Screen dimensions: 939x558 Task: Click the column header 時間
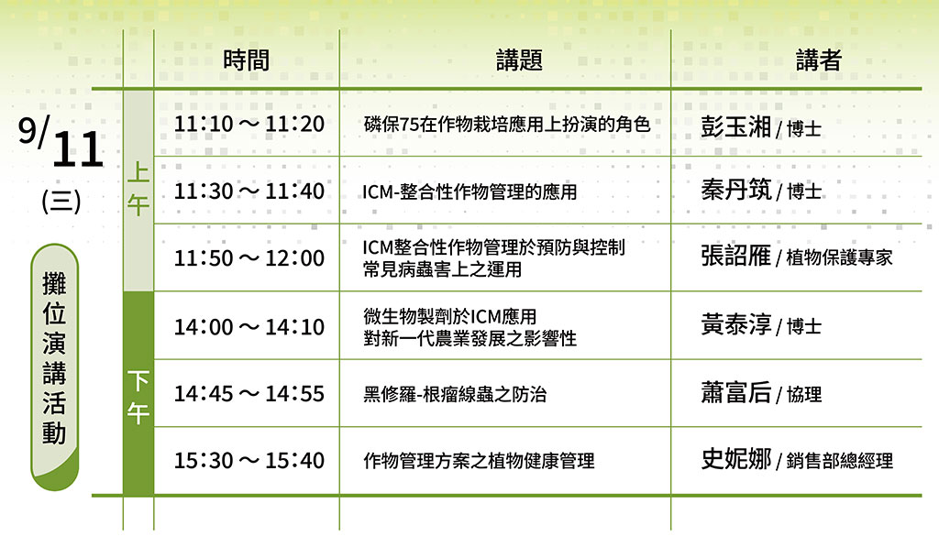pyautogui.click(x=246, y=60)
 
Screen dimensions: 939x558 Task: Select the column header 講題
pyautogui.click(x=519, y=60)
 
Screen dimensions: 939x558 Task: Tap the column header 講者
pyautogui.click(x=819, y=60)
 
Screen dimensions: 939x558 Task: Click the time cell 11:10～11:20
pyautogui.click(x=249, y=124)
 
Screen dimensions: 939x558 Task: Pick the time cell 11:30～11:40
pyautogui.click(x=249, y=191)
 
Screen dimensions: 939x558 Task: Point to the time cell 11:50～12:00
pyautogui.click(x=249, y=258)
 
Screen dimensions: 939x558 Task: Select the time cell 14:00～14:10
pyautogui.click(x=249, y=327)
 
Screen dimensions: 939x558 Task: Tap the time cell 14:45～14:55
pyautogui.click(x=249, y=393)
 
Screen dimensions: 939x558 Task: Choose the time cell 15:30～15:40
pyautogui.click(x=249, y=461)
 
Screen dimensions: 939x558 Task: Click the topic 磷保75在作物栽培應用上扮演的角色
pyautogui.click(x=506, y=125)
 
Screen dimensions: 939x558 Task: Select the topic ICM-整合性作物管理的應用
pyautogui.click(x=470, y=192)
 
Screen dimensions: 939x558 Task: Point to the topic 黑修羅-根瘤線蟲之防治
pyautogui.click(x=455, y=394)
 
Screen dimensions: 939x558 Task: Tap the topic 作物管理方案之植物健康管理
pyautogui.click(x=479, y=461)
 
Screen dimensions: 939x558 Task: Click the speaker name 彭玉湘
pyautogui.click(x=736, y=126)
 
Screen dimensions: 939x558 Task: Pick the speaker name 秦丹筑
pyautogui.click(x=736, y=191)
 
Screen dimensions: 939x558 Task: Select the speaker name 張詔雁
pyautogui.click(x=736, y=256)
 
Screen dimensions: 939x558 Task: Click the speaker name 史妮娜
pyautogui.click(x=736, y=459)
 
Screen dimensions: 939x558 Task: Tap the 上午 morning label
pyautogui.click(x=138, y=189)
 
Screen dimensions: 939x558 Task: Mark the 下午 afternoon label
pyautogui.click(x=138, y=397)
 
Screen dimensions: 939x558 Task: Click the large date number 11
pyautogui.click(x=78, y=149)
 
